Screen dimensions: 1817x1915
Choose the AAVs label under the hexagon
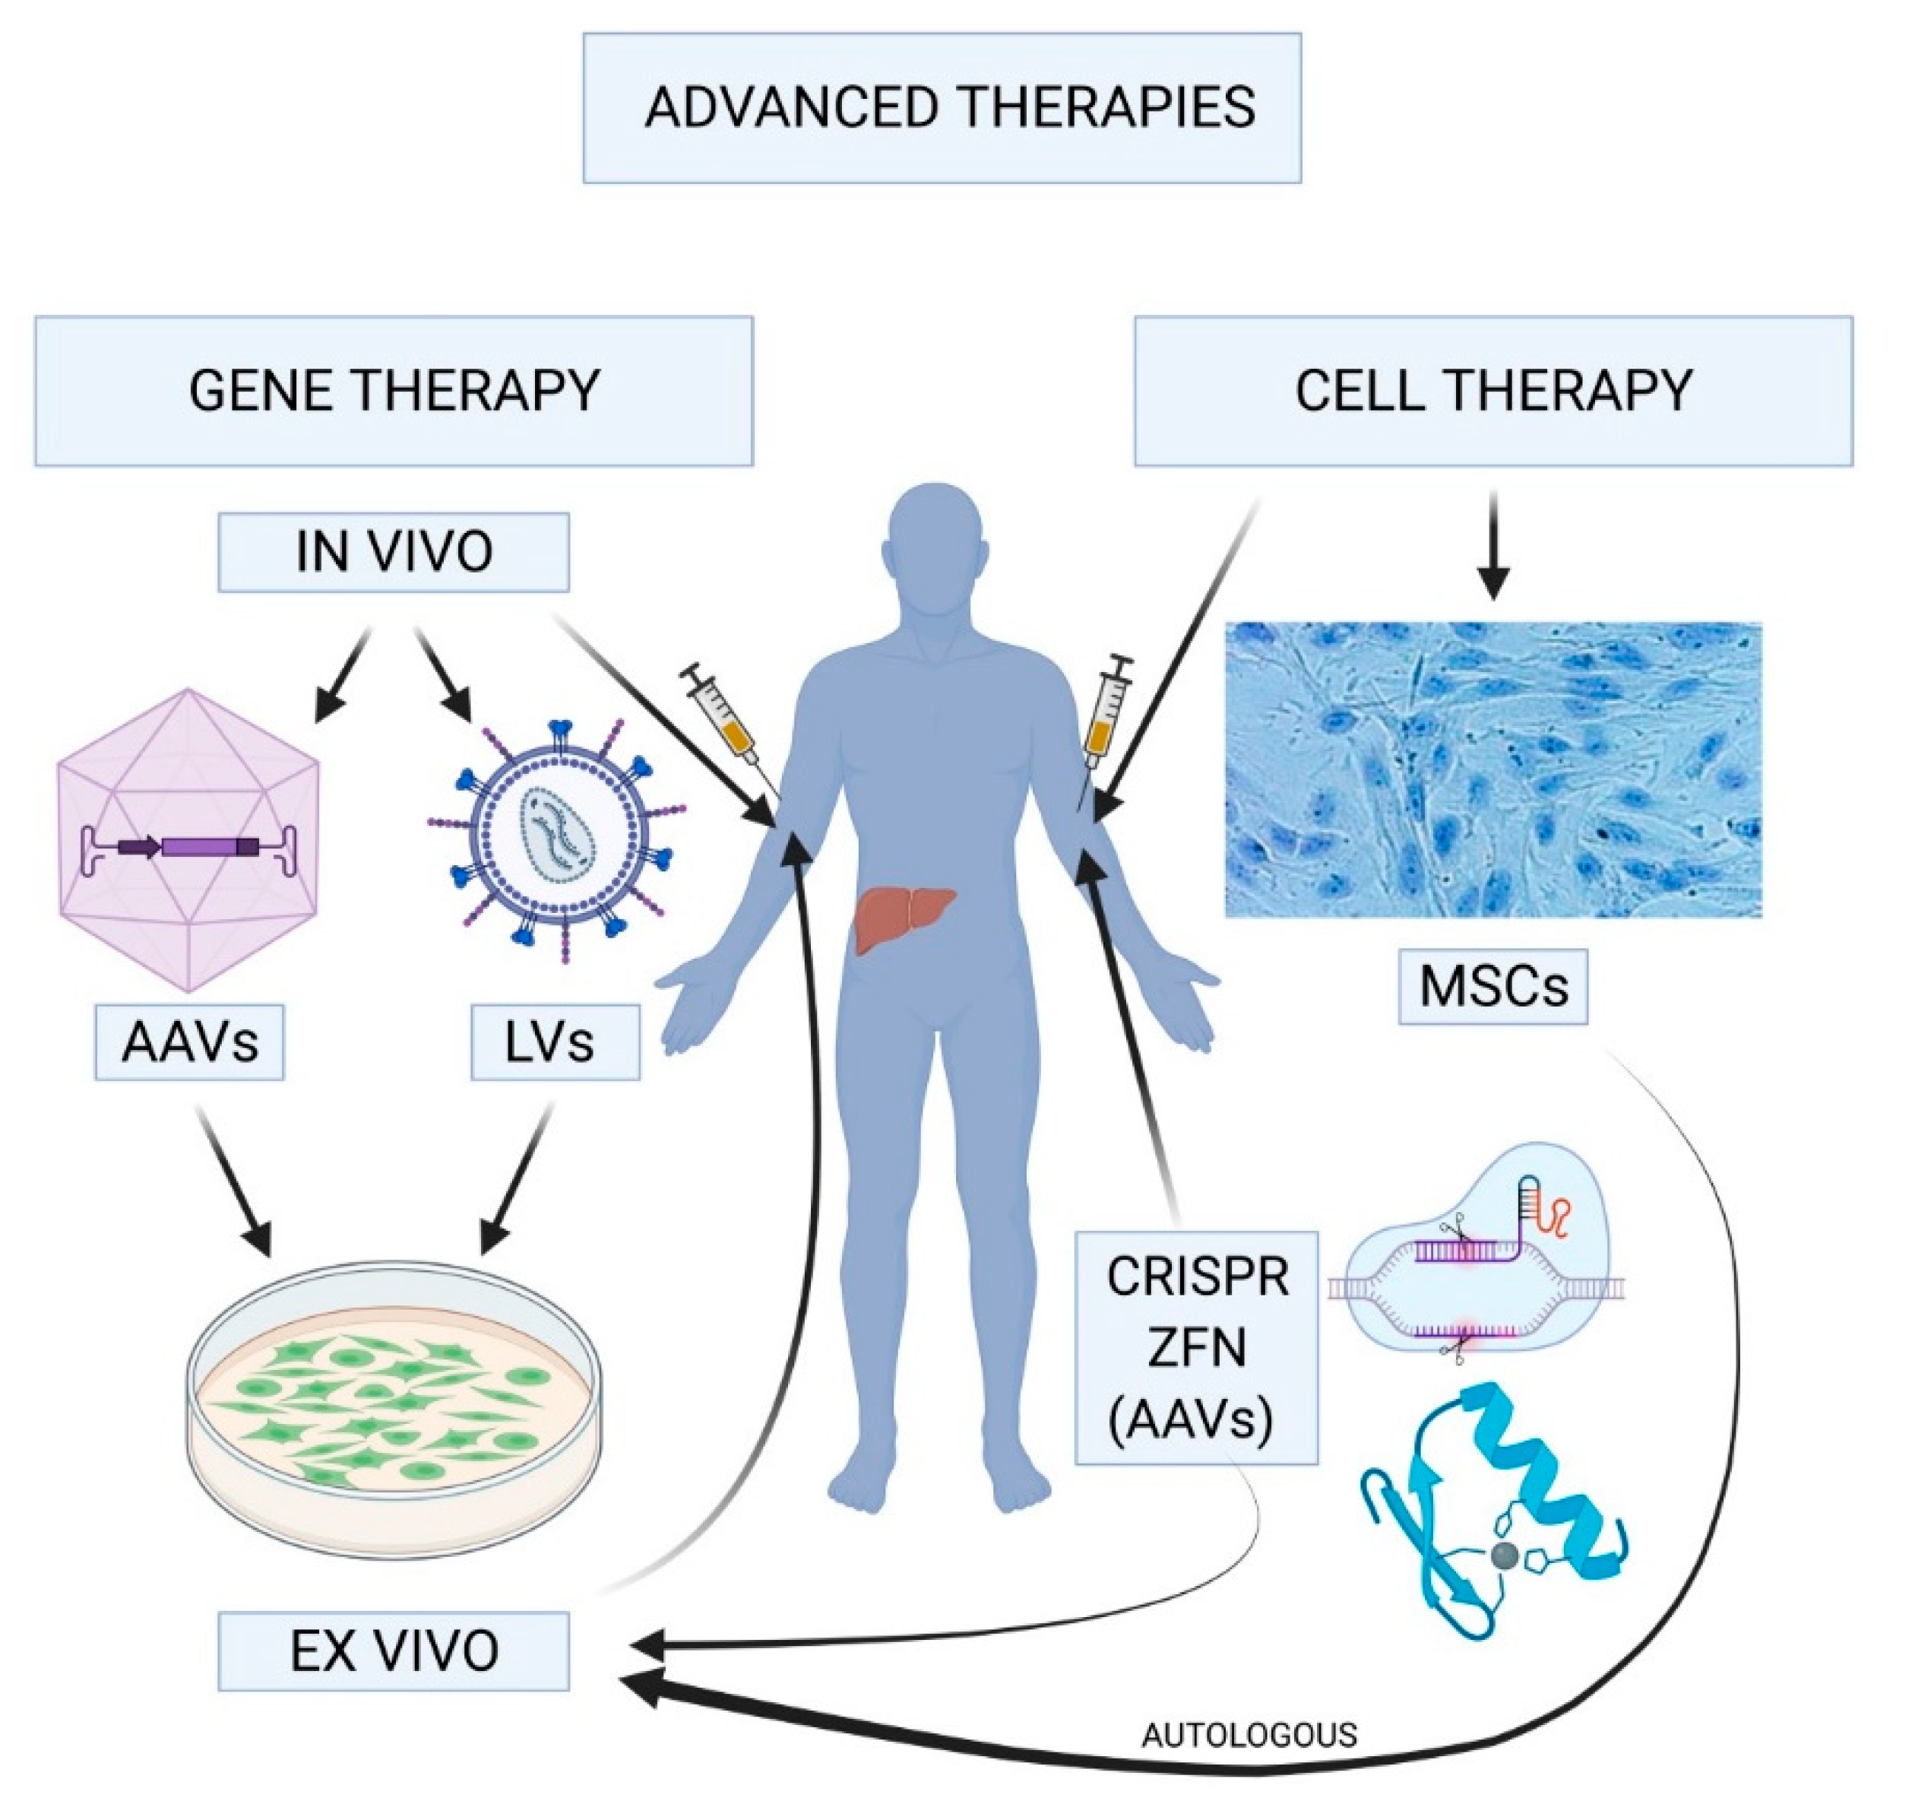point(190,1042)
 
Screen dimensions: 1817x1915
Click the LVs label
point(555,1042)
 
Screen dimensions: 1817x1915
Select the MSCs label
point(1493,987)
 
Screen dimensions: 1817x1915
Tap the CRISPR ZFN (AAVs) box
point(1197,1347)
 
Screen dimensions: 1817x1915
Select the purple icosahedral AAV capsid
point(188,841)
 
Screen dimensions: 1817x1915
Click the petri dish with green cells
point(394,1395)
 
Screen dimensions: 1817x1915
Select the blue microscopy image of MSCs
point(1493,770)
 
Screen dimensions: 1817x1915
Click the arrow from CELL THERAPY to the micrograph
point(1493,547)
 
